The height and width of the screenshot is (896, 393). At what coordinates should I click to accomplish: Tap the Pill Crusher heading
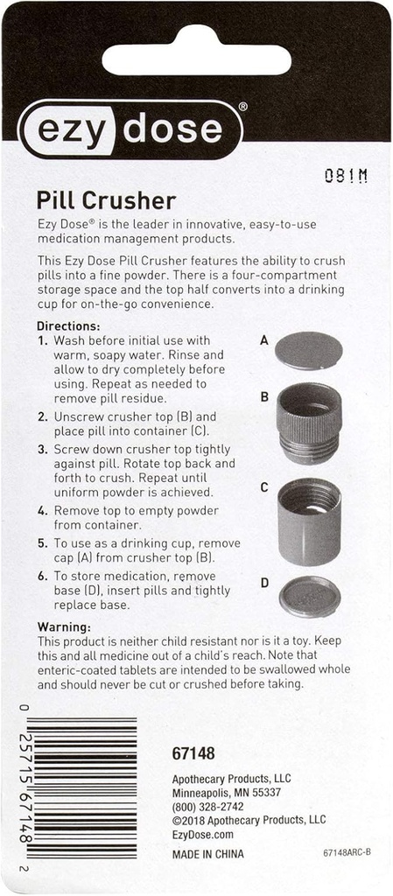106,200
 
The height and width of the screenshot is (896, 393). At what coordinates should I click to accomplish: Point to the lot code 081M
345,175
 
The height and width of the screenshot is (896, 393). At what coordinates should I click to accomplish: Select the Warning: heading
64,626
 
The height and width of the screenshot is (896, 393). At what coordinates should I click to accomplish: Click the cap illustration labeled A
308,350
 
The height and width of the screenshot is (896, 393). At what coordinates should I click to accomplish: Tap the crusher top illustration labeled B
308,422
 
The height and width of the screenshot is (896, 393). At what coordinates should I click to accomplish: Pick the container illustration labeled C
308,521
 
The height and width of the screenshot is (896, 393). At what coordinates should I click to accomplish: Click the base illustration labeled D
309,597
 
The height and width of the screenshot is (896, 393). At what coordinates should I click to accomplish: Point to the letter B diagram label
263,396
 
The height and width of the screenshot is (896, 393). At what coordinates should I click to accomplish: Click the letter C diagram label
263,488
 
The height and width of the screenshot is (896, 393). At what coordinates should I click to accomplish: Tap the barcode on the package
81,787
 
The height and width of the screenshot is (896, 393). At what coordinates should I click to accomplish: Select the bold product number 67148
193,752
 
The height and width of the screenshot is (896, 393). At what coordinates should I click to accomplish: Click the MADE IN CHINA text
208,853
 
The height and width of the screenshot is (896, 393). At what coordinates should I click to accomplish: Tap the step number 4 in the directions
42,510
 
